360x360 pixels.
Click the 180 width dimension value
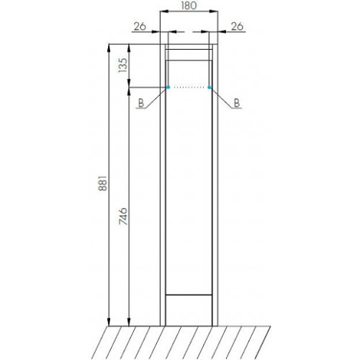pos(189,5)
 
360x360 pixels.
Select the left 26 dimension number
pos(140,27)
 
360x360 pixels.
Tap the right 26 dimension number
pos(237,27)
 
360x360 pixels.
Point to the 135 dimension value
pos(123,66)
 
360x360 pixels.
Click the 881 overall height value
pos(103,183)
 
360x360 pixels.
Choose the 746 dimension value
pos(123,216)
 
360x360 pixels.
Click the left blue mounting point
pos(168,87)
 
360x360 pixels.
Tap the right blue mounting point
pos(210,87)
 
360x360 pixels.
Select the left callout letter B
pos(141,103)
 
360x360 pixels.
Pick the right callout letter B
pos(237,103)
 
